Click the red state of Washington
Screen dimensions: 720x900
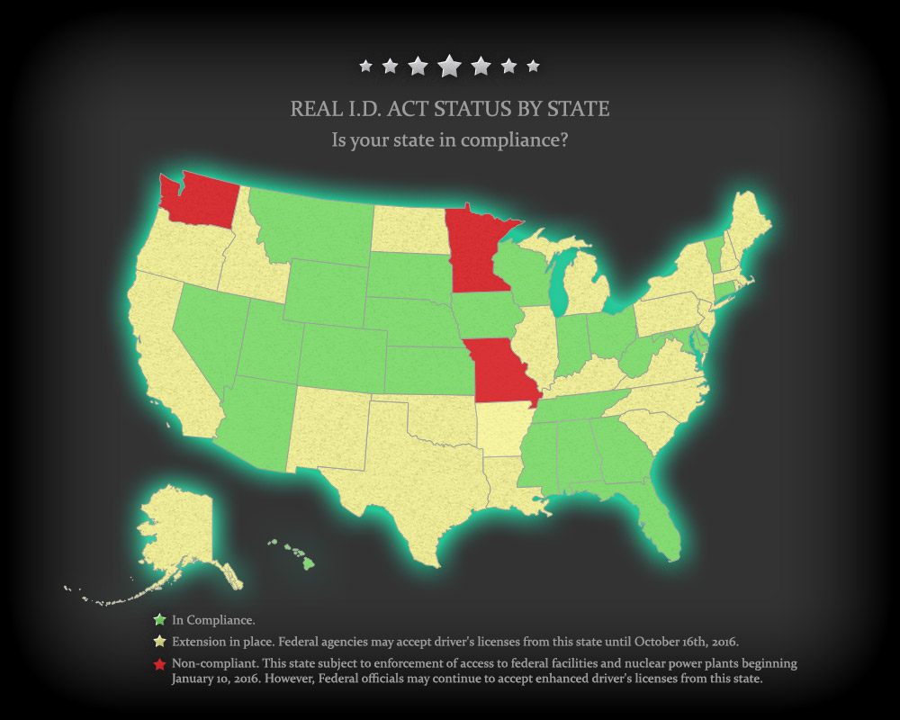200,198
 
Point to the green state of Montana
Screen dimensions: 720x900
310,225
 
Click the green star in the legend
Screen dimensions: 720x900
159,619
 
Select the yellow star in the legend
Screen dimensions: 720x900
159,642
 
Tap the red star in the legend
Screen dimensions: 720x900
159,664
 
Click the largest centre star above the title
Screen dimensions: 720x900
449,66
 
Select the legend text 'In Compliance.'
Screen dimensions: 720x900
213,620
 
